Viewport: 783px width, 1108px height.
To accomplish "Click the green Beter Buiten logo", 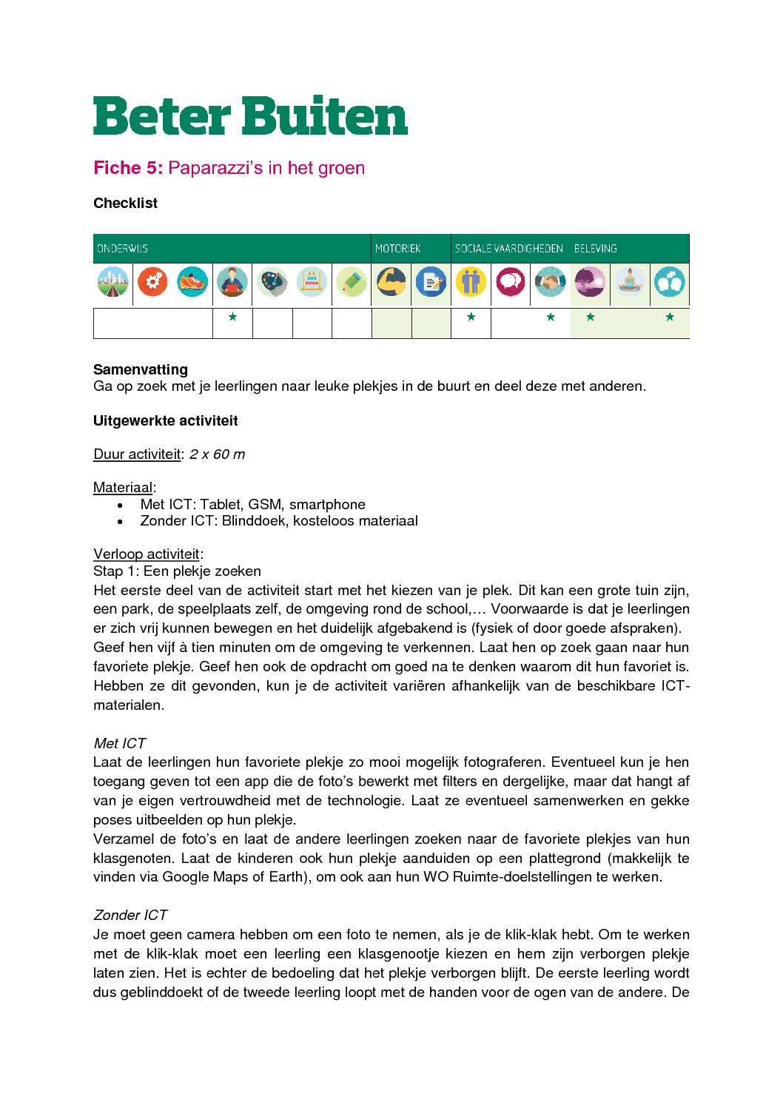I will (x=250, y=116).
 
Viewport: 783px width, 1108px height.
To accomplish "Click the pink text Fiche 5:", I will (x=128, y=168).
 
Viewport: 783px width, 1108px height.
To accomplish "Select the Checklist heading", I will (x=125, y=203).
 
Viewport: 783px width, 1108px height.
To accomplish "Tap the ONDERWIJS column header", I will (x=123, y=249).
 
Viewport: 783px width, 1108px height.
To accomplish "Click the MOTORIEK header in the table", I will (x=397, y=249).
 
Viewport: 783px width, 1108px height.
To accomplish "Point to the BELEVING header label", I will (x=595, y=249).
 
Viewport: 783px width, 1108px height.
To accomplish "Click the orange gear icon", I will (x=152, y=282).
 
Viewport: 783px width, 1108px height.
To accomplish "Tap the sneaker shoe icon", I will (x=192, y=282).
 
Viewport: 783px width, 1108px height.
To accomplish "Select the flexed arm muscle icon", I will (x=391, y=282).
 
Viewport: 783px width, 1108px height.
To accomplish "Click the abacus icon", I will (x=312, y=282).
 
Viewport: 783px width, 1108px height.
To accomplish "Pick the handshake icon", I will (x=550, y=282).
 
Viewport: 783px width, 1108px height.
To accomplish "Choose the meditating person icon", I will (x=630, y=282).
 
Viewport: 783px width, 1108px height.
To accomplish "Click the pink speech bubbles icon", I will (x=510, y=282).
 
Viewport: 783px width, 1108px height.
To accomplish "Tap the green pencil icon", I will (x=352, y=282).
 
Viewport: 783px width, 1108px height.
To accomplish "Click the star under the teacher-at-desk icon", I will (x=232, y=317).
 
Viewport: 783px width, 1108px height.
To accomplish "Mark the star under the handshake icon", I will (x=550, y=317).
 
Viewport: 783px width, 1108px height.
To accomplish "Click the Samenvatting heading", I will (x=141, y=369).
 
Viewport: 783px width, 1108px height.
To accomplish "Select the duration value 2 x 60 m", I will (x=217, y=454).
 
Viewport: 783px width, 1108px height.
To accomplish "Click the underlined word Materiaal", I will (x=123, y=488).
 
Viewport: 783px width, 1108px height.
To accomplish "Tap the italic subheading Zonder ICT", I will (x=130, y=916).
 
